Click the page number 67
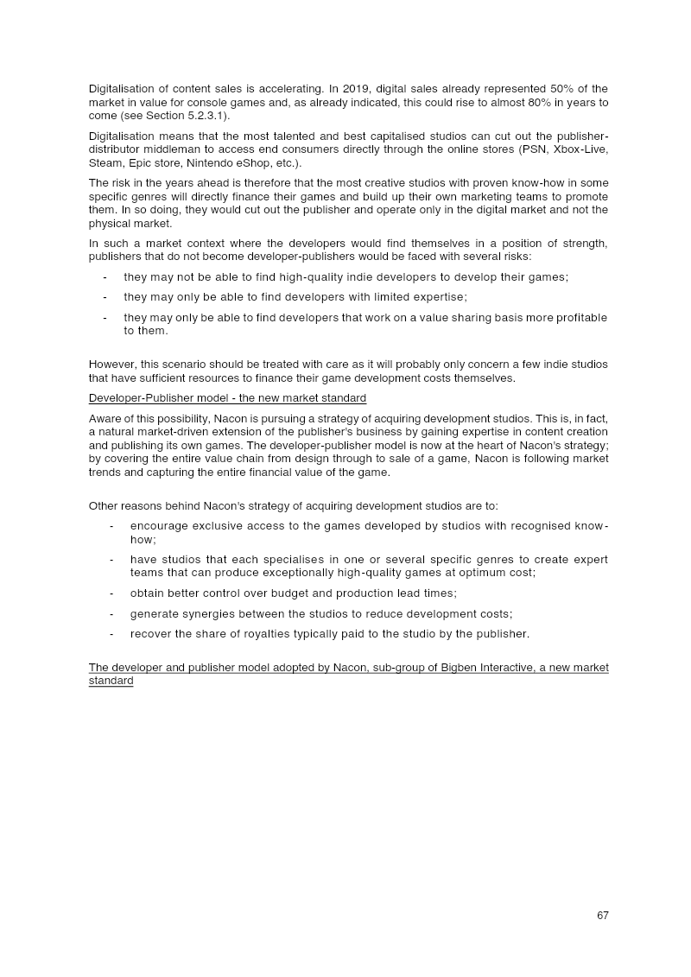[x=602, y=916]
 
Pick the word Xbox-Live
[x=582, y=149]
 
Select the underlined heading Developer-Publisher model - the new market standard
[x=227, y=398]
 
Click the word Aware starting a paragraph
[x=105, y=419]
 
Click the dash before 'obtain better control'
[x=111, y=593]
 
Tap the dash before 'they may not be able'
[x=105, y=276]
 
